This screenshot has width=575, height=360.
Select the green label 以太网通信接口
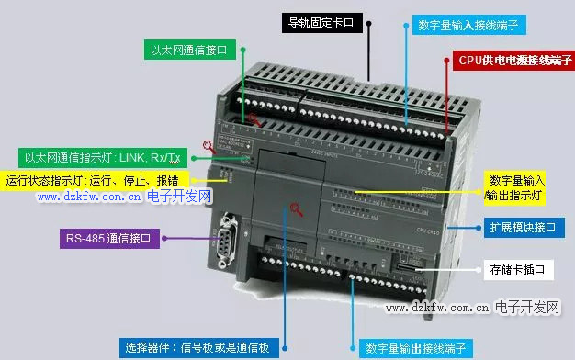188,49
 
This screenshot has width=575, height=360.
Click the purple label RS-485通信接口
109,240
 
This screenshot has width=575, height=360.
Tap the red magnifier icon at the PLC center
296,210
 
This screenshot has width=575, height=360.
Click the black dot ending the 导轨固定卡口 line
369,24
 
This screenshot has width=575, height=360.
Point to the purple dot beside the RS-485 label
164,240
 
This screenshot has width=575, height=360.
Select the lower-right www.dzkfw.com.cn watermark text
435,308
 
